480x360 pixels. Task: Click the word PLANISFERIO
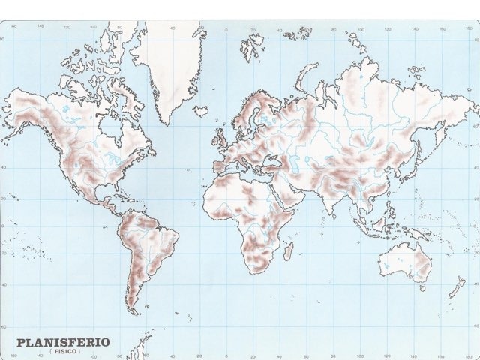(x=63, y=342)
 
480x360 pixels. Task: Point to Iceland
(x=201, y=110)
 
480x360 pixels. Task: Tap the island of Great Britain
(x=223, y=138)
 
